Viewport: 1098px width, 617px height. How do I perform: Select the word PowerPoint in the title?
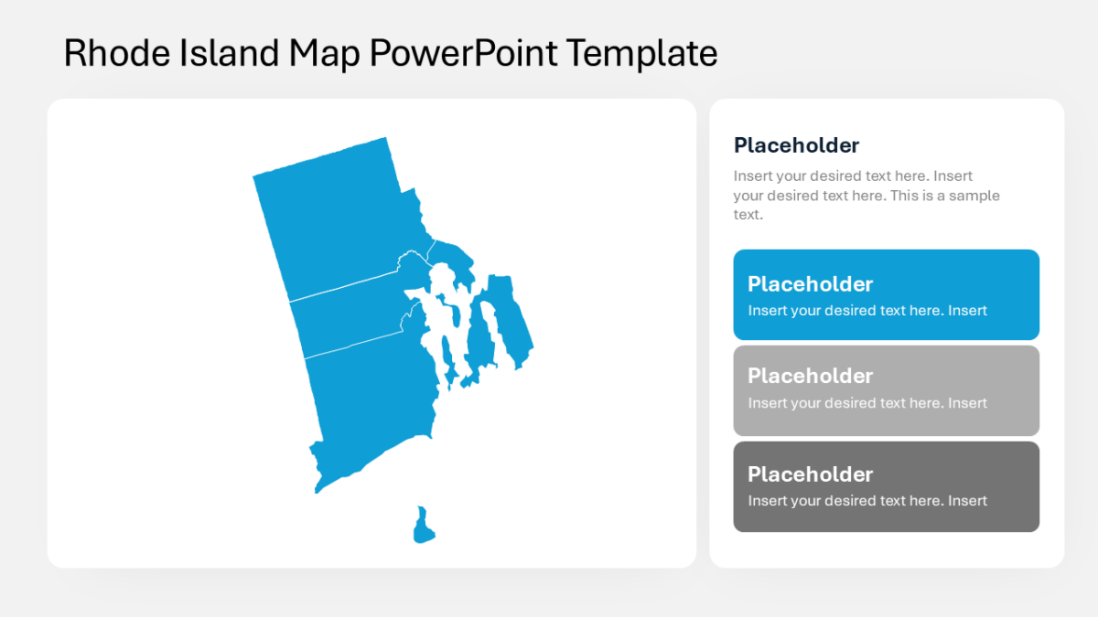point(462,53)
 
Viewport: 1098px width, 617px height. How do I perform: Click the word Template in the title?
point(641,53)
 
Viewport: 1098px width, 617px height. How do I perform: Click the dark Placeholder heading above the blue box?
point(796,145)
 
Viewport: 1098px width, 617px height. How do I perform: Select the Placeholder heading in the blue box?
point(810,283)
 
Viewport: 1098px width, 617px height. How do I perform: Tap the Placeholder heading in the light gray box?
point(810,376)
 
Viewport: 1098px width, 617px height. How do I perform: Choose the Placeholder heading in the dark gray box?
point(810,473)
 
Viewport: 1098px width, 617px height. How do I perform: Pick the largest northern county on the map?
point(339,219)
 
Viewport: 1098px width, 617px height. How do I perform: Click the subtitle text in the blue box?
point(867,311)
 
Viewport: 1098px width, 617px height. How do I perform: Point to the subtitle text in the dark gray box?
point(867,501)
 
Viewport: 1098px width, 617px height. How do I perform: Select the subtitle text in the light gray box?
point(867,403)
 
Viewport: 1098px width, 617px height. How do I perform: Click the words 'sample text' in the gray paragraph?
point(952,196)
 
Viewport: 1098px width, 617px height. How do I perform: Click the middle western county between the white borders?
point(348,315)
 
